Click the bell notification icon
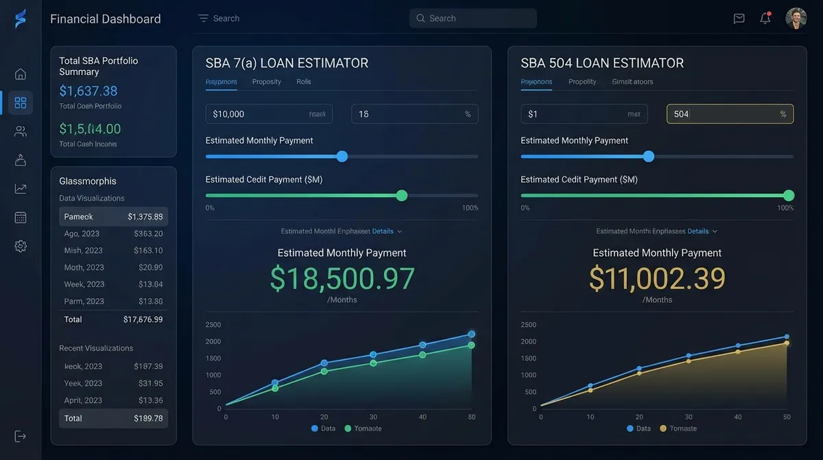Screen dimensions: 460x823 click(x=765, y=19)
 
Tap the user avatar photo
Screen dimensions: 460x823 click(x=796, y=19)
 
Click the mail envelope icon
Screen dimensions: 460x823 click(x=739, y=19)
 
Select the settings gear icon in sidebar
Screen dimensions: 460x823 click(x=21, y=246)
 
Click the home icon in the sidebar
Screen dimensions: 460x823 click(x=21, y=74)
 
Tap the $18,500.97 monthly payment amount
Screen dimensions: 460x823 click(x=342, y=279)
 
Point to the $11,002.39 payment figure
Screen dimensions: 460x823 click(x=657, y=279)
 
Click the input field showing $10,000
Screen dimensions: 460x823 click(x=269, y=114)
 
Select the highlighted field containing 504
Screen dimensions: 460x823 click(x=730, y=114)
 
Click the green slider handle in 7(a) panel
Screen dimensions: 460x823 click(x=402, y=196)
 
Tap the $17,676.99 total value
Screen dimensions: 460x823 click(x=143, y=319)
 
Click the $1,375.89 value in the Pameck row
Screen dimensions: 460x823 click(x=145, y=217)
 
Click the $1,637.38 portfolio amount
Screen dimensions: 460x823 click(x=88, y=91)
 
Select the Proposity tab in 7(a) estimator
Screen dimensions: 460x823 click(x=267, y=82)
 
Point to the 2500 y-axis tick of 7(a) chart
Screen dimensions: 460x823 click(x=213, y=325)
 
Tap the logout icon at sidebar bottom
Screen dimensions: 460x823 click(x=21, y=436)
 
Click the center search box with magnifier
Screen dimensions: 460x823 click(x=473, y=19)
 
